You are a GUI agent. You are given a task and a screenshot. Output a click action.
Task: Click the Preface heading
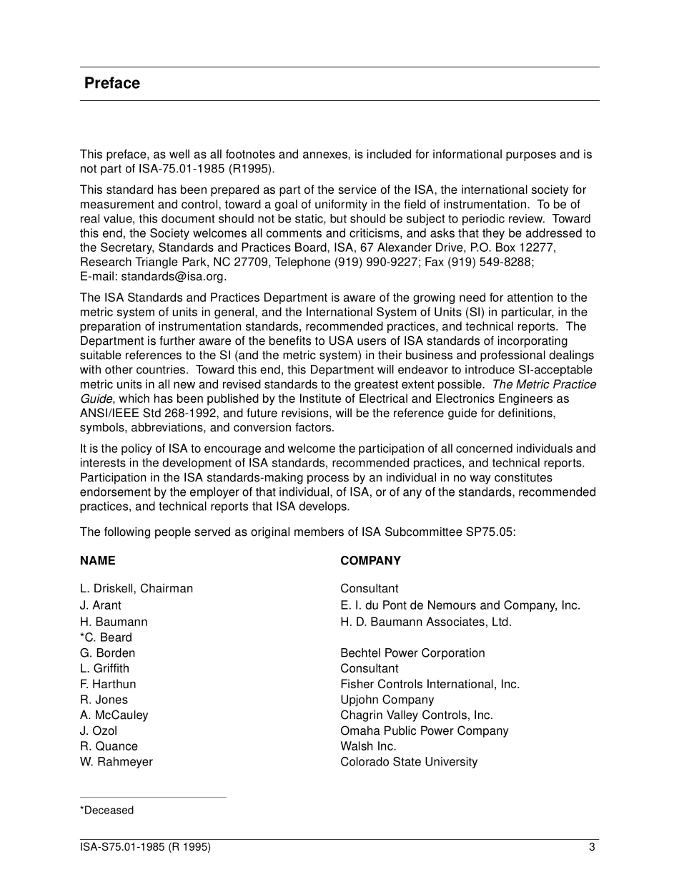112,83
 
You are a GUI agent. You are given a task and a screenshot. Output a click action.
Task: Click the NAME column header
97,561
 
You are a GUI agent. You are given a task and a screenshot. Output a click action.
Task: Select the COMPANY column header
370,561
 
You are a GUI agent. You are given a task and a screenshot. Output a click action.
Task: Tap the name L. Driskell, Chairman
137,589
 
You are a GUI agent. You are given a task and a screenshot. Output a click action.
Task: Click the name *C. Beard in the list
106,637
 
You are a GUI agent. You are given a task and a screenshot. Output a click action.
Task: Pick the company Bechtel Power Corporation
412,653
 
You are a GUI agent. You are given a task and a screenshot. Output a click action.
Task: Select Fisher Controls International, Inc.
430,684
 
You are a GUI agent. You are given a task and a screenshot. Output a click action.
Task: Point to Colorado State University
409,762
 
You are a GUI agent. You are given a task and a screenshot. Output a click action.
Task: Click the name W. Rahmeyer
117,762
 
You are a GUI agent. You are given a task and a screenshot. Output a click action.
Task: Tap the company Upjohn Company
387,700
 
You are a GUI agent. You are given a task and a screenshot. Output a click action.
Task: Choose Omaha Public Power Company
425,731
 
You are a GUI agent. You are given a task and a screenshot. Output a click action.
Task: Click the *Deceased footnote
106,811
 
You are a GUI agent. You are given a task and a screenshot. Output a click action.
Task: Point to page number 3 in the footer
592,848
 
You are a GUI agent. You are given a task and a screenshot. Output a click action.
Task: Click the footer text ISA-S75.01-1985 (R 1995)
145,848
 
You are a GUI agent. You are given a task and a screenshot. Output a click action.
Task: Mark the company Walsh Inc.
368,746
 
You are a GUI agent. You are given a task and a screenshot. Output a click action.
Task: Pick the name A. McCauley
114,715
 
